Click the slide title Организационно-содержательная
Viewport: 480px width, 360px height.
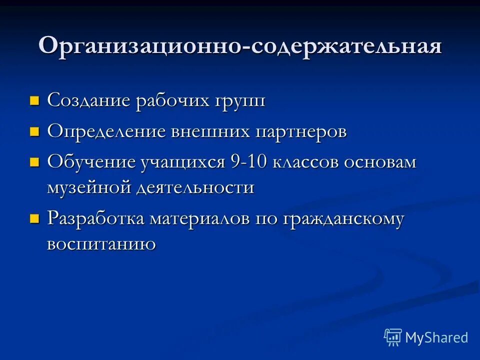[240, 46]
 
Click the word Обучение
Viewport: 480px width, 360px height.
[91, 162]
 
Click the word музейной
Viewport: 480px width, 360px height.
[87, 188]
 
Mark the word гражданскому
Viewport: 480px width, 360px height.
[344, 220]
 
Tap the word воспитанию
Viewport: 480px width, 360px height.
[101, 244]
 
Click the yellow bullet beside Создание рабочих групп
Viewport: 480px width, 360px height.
[34, 101]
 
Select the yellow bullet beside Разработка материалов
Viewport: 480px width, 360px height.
[34, 219]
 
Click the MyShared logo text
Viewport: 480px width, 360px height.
[436, 337]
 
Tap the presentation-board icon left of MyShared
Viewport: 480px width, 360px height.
[393, 337]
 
